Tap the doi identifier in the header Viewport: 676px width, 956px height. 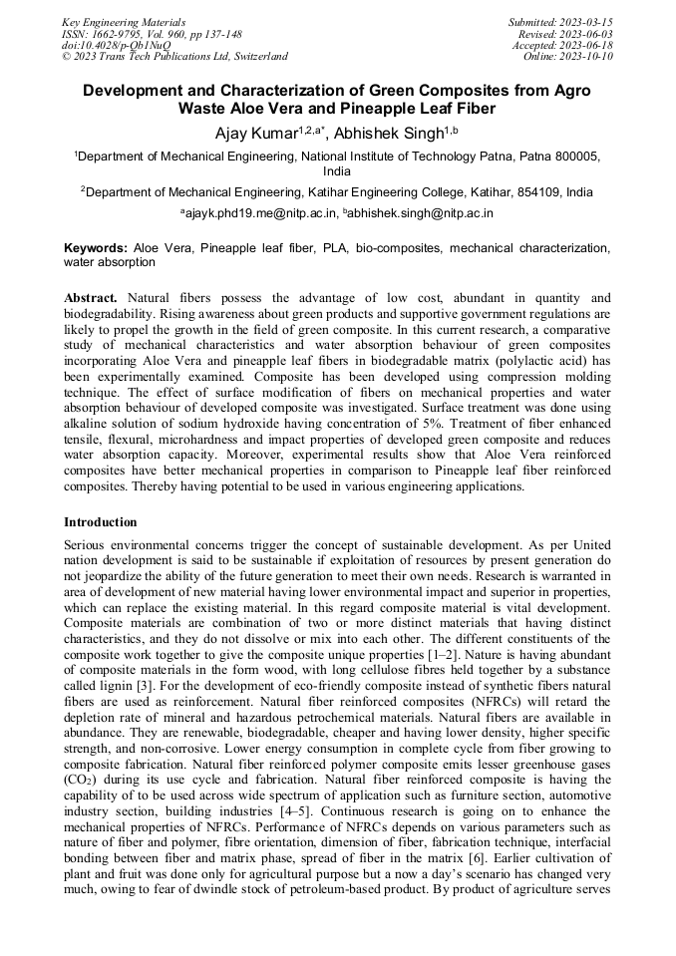tap(116, 45)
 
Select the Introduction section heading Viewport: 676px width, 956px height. tap(101, 521)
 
